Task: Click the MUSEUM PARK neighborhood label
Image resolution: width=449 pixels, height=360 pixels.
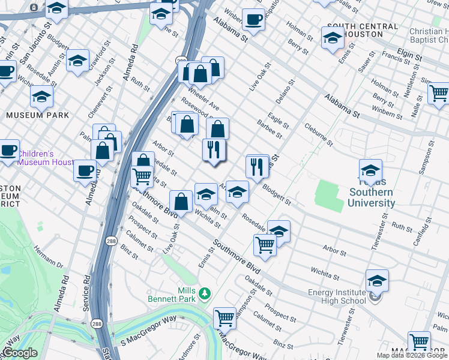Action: click(x=37, y=115)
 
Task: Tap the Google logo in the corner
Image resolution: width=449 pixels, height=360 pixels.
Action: click(x=20, y=353)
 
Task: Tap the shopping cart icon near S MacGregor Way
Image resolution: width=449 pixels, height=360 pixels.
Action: click(x=224, y=317)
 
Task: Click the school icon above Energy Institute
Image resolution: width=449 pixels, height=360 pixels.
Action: click(x=377, y=280)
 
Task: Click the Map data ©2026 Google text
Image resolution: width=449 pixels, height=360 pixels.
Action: click(x=412, y=355)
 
